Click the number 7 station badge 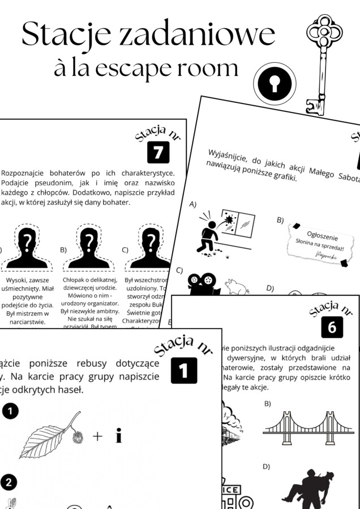[158, 152]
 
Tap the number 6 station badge [332, 326]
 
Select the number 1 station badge [183, 370]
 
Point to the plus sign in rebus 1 [97, 435]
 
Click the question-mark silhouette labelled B [88, 249]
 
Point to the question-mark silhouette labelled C [149, 249]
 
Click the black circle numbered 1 [10, 412]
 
